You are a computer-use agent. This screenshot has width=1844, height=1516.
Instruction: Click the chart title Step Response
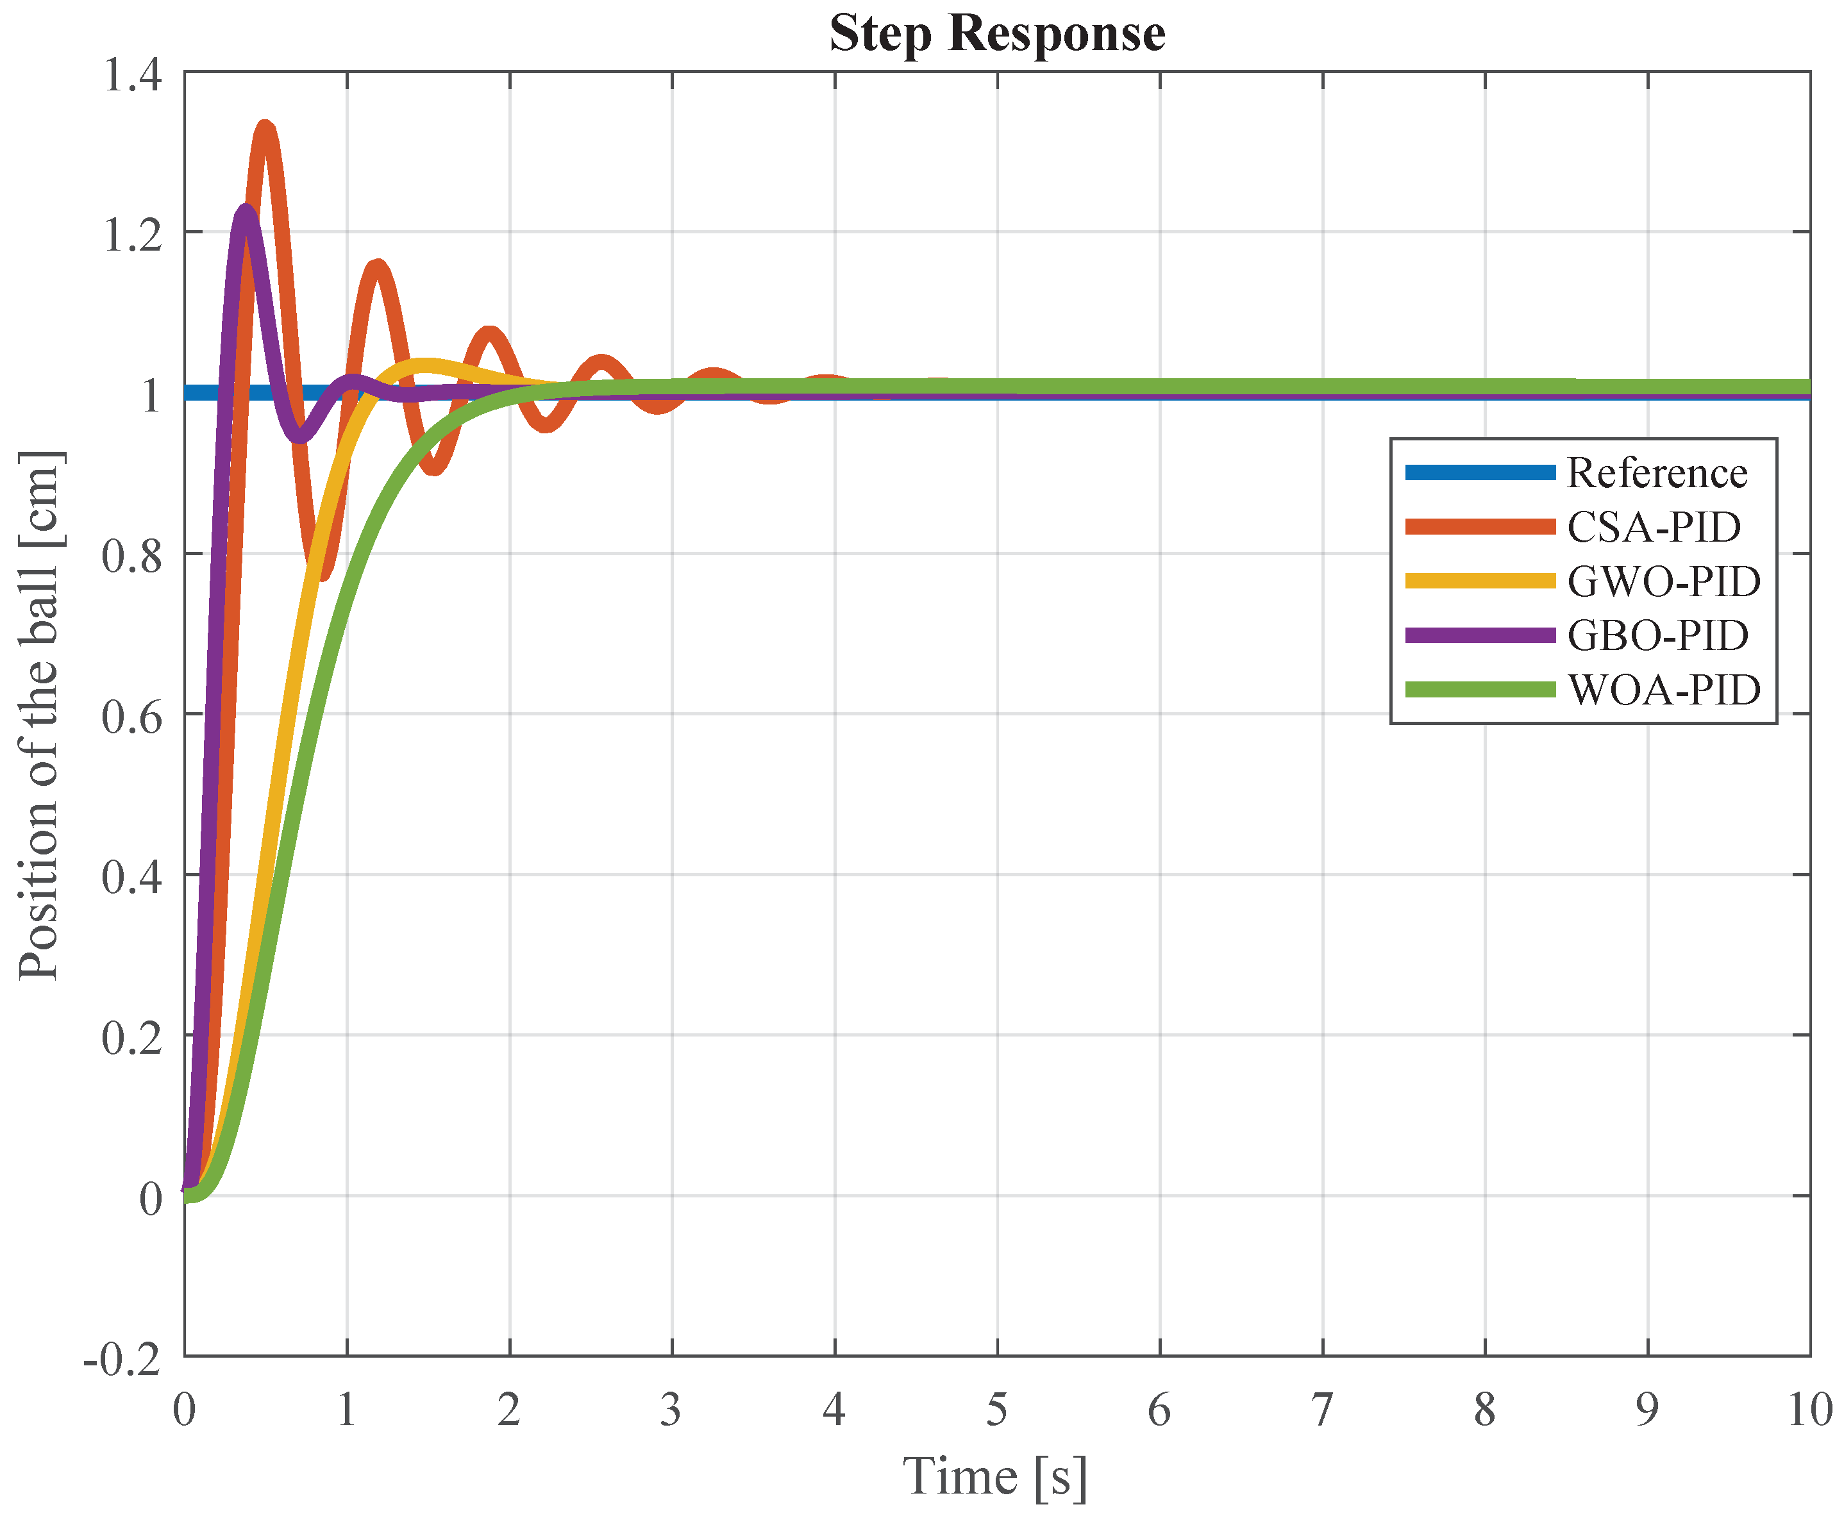(996, 34)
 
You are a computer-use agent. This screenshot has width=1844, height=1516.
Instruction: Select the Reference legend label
(1656, 473)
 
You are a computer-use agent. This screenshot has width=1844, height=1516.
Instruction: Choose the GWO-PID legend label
(1663, 581)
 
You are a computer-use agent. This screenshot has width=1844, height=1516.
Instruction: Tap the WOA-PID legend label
(1663, 690)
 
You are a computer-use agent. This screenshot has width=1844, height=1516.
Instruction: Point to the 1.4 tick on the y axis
(133, 74)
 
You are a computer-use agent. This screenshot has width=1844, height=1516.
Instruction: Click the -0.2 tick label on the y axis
(123, 1360)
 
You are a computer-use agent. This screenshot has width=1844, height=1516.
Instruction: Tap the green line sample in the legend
(1480, 690)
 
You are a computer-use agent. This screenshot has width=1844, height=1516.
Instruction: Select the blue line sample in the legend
(1480, 473)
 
